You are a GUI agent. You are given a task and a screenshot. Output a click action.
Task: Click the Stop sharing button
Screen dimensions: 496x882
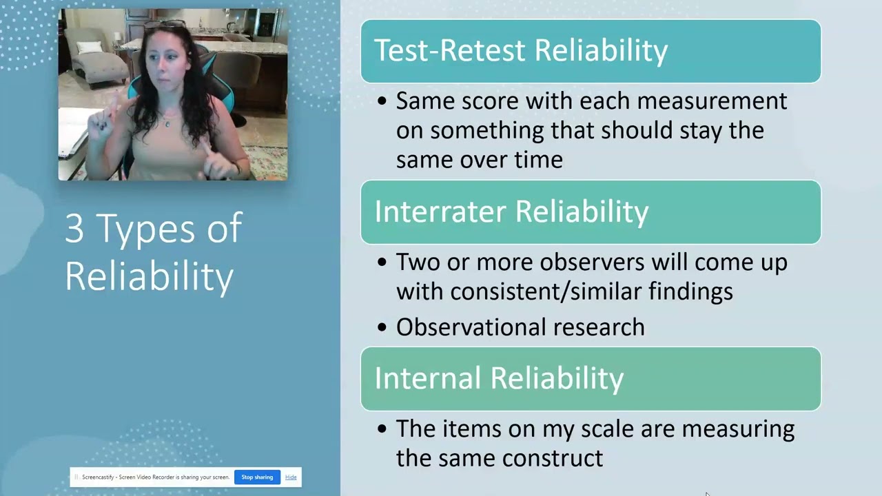pos(257,477)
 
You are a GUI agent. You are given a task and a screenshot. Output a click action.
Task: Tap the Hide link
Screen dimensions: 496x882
pos(291,477)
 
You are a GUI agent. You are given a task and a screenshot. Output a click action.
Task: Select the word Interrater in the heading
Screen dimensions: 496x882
pos(441,212)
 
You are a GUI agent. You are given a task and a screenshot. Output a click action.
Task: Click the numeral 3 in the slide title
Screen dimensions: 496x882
pos(74,229)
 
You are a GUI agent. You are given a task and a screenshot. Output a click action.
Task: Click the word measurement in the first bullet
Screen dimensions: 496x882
pos(712,101)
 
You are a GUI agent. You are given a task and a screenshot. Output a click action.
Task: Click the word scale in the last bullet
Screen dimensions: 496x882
pos(608,428)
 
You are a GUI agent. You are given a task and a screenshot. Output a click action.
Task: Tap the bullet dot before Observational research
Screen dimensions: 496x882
pos(382,328)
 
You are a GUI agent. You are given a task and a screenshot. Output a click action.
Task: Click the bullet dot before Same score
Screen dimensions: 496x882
pos(382,102)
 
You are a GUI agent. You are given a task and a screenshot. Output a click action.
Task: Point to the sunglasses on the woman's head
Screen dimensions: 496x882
pos(165,25)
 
